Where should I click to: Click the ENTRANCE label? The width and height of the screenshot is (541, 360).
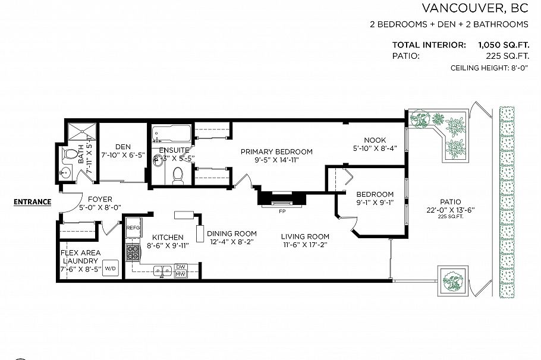[x=32, y=201]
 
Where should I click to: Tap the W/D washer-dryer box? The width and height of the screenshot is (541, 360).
[x=111, y=268]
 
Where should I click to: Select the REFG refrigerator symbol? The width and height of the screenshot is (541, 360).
[x=132, y=228]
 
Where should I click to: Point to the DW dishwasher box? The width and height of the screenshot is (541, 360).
[x=181, y=266]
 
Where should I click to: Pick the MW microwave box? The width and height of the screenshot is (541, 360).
[x=181, y=273]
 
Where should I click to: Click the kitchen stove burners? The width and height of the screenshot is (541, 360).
[x=132, y=254]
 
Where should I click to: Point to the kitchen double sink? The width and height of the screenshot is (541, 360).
[x=159, y=271]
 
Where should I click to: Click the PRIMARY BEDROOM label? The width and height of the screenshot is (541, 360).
[x=276, y=151]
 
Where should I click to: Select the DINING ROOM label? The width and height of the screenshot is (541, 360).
[x=232, y=233]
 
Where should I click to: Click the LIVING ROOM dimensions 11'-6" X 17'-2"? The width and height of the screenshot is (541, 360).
[x=305, y=244]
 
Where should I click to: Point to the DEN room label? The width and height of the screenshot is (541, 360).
[x=123, y=146]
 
